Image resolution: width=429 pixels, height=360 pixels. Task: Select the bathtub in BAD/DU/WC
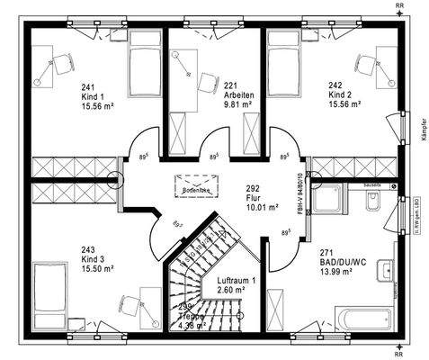coord(364,318)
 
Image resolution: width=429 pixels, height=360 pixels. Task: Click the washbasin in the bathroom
coord(385,269)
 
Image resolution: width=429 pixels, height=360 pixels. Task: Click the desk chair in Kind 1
coord(63,65)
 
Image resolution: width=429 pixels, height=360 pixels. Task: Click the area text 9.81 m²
coord(237,103)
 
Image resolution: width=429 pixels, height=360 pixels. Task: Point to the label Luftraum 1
coord(236,281)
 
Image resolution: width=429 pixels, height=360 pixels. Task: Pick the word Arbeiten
coord(237,94)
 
